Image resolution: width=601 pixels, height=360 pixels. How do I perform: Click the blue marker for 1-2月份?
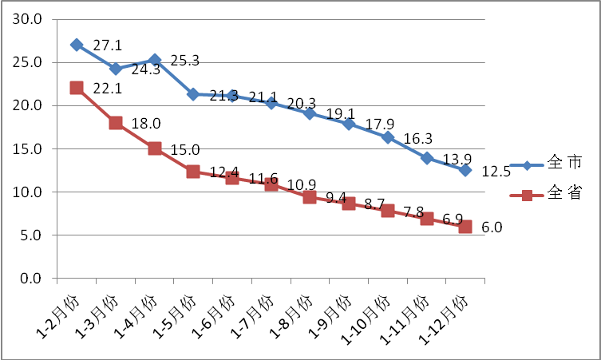click(77, 45)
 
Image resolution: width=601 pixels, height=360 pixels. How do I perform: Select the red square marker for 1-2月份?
click(77, 88)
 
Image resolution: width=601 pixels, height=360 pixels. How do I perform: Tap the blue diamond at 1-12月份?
click(465, 170)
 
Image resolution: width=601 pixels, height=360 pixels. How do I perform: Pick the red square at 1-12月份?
click(465, 227)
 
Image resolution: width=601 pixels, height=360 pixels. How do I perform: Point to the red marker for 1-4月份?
click(154, 148)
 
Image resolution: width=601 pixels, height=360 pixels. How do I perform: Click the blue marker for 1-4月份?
click(154, 60)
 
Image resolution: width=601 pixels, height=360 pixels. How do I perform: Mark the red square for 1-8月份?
click(310, 197)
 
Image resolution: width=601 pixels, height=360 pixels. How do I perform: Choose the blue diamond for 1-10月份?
click(388, 137)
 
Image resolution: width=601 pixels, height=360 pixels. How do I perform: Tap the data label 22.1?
click(104, 88)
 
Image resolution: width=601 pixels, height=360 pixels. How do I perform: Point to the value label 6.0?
click(492, 227)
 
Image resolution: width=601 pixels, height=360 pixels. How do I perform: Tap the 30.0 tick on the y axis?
click(33, 19)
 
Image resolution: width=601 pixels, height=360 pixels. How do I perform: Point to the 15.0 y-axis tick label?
click(33, 148)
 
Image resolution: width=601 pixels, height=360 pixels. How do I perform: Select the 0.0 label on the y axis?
click(36, 279)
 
